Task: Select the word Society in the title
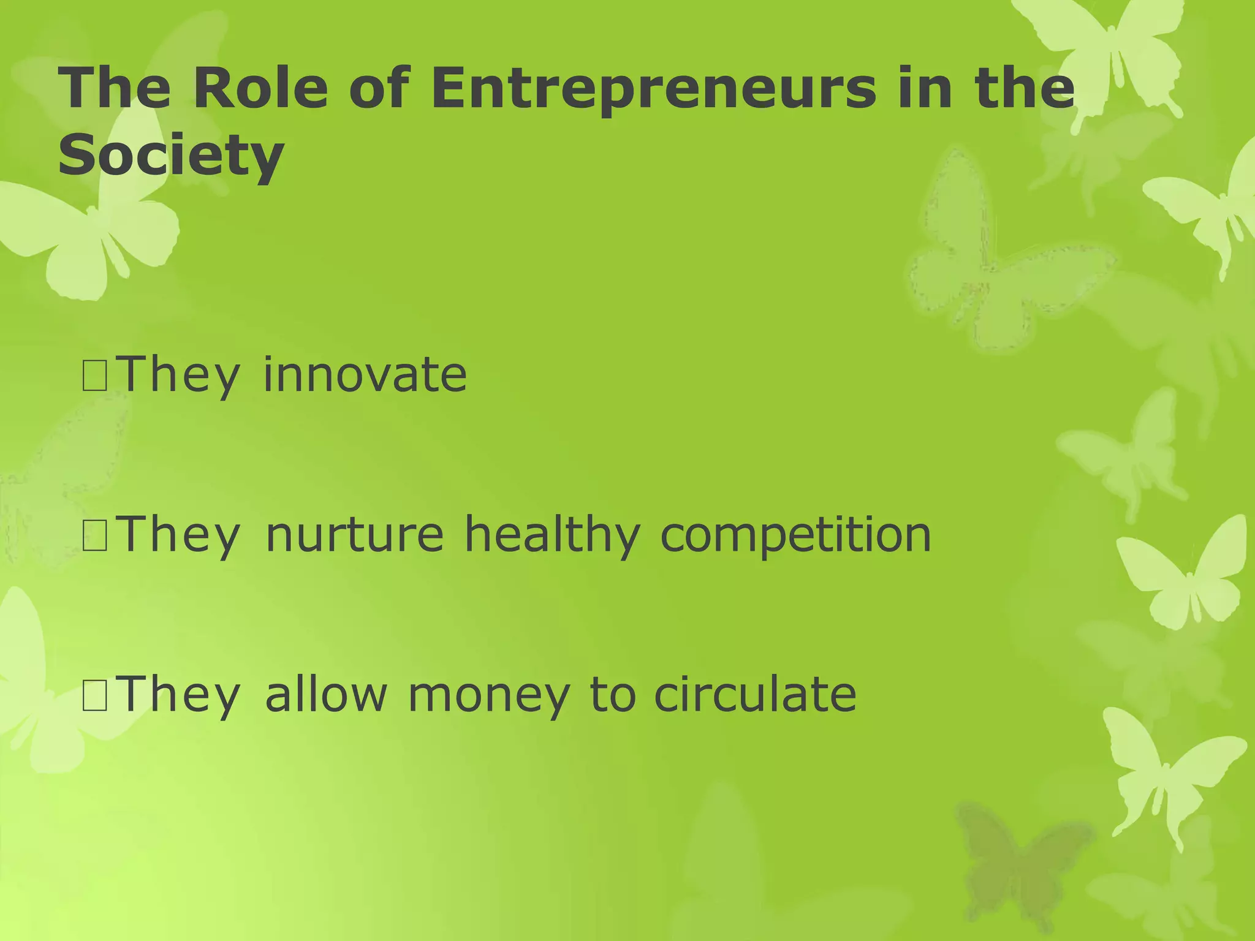[x=171, y=156]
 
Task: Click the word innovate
[x=365, y=374]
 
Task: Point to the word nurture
[x=354, y=534]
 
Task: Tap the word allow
[x=326, y=694]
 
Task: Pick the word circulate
[x=755, y=694]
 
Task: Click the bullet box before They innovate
[x=95, y=376]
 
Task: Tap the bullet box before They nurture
[x=95, y=535]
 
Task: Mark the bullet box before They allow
[x=95, y=695]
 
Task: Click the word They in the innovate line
[x=178, y=376]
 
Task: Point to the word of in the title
[x=378, y=88]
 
